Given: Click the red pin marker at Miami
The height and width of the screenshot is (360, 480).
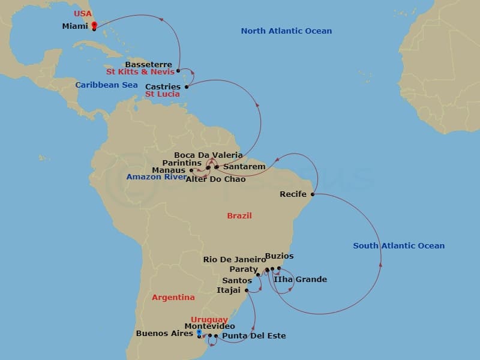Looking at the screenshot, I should coord(94,25).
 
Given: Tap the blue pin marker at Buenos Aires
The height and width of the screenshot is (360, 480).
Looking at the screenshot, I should coord(199,332).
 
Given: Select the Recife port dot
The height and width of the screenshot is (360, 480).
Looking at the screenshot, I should coord(312,194).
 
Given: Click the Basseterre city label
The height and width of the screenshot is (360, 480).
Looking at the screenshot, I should coord(148,65).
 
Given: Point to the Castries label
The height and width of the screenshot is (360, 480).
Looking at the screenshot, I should coord(163,87).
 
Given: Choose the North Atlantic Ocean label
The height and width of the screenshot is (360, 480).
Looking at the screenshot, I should coord(286,31).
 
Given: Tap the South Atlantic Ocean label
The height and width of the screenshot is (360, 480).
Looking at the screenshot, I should coord(398,246).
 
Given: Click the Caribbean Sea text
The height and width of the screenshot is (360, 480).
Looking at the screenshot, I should coord(107,85).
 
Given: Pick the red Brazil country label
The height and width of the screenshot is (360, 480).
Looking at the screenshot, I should coord(239,216).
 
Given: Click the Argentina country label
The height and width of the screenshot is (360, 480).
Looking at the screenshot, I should coord(173,298).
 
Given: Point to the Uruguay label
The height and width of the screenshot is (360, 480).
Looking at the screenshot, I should coord(209,319).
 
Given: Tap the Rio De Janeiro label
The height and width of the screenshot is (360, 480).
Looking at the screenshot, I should coord(235,260).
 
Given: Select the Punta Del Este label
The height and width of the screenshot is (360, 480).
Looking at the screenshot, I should coord(254,336).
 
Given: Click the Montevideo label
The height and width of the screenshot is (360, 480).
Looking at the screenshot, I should coord(209,326).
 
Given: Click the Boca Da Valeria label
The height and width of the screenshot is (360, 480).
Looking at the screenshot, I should coord(208,155).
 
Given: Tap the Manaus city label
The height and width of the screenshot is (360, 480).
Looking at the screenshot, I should coord(169,170).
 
